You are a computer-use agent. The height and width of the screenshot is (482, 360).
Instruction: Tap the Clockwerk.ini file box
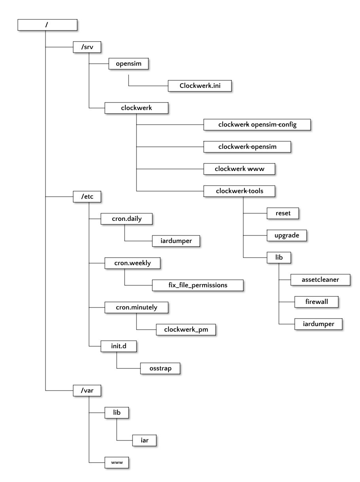point(199,86)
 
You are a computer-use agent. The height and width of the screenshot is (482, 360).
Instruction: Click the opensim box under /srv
point(129,64)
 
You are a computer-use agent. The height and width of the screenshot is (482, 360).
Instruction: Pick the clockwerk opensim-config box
point(257,125)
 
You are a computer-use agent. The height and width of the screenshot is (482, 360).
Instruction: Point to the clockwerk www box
point(239,169)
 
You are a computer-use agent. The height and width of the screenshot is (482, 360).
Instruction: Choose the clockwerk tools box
point(239,191)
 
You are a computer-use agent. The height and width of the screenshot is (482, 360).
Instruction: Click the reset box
point(283,213)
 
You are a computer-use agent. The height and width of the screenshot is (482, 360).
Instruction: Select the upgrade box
point(287,235)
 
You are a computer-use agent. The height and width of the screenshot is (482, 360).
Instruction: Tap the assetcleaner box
point(320,280)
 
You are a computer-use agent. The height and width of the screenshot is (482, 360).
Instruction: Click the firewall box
point(316,302)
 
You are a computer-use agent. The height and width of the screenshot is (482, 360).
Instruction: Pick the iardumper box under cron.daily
point(176,240)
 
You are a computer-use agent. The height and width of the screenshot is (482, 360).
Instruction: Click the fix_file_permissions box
point(197,285)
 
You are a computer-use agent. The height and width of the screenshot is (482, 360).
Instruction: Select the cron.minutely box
point(136,307)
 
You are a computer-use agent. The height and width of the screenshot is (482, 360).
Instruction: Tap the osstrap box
point(160,368)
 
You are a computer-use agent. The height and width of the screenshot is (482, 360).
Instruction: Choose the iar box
point(144,440)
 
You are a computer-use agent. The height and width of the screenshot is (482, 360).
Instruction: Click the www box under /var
point(117,462)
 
